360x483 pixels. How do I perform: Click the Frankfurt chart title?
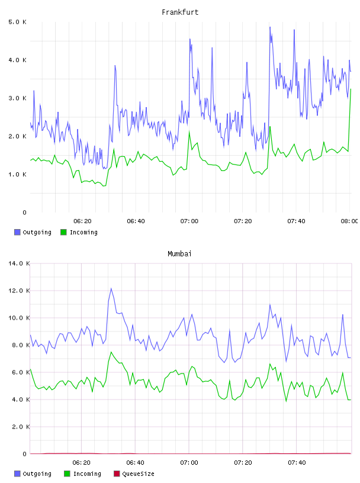(180, 12)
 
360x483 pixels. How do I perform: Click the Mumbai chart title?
(179, 254)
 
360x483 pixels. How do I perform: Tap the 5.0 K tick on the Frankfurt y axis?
(18, 22)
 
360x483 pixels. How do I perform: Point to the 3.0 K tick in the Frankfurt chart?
(18, 98)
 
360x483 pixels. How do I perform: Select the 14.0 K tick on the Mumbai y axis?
(19, 263)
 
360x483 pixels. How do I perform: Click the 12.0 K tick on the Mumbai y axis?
(19, 291)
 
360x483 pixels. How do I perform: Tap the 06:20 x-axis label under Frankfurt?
(82, 221)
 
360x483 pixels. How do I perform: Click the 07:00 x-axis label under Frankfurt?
(189, 221)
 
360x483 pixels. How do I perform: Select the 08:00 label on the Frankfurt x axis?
(349, 221)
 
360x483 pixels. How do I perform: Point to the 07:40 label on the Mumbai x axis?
(297, 463)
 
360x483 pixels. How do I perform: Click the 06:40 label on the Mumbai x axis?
(136, 463)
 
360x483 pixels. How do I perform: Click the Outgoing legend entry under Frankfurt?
(33, 232)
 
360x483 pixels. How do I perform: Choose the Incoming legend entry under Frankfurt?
(79, 232)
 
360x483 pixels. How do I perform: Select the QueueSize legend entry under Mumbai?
(134, 474)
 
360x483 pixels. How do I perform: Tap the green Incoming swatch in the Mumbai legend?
(67, 474)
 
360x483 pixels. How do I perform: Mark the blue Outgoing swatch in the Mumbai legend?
(17, 474)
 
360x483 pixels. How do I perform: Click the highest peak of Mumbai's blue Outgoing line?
(111, 289)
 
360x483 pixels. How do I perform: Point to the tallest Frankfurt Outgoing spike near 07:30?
(270, 27)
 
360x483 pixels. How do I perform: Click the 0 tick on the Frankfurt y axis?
(25, 212)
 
